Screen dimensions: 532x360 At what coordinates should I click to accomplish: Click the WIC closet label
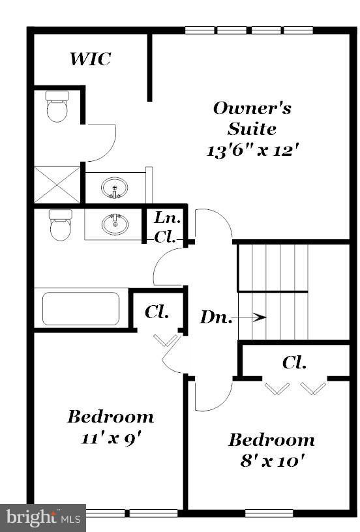click(x=90, y=59)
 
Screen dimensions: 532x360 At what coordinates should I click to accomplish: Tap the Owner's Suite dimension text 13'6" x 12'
click(x=252, y=150)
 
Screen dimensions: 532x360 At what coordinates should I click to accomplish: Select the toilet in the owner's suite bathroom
click(x=57, y=106)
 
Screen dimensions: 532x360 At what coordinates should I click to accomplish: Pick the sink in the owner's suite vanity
click(x=114, y=189)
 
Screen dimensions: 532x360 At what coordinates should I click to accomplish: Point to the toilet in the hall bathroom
click(x=60, y=225)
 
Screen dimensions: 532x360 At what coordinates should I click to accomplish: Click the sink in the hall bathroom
click(x=115, y=225)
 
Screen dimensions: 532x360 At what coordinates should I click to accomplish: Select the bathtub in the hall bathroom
click(x=81, y=308)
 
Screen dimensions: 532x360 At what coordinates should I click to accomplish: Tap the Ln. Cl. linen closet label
click(x=168, y=228)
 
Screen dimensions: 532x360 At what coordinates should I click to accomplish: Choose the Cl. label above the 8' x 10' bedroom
click(x=295, y=362)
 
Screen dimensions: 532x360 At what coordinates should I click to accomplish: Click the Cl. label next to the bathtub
click(x=157, y=312)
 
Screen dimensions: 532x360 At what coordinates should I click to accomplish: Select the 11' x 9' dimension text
click(x=110, y=437)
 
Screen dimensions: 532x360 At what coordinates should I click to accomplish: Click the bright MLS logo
click(x=43, y=518)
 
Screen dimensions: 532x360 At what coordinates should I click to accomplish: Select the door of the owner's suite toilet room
click(x=101, y=142)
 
